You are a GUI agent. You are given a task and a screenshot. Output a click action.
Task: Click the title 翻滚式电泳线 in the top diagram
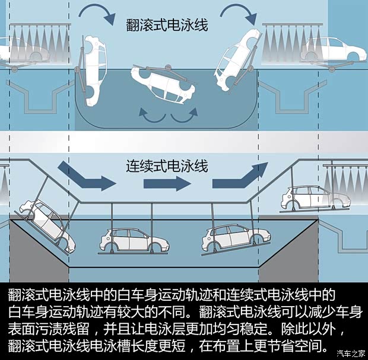pos(167,26)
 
